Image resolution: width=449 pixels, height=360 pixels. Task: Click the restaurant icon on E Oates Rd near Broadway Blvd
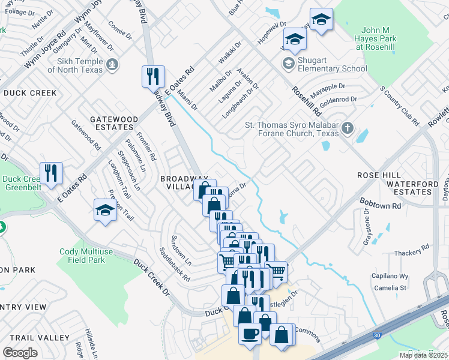[153, 76]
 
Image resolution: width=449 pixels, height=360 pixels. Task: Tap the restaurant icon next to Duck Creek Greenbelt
[51, 173]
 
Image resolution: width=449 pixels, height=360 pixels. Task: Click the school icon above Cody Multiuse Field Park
[105, 210]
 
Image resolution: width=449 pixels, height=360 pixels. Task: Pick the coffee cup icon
[250, 333]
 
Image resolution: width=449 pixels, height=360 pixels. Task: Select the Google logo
[20, 352]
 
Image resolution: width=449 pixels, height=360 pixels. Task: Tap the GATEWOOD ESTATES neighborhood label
[111, 123]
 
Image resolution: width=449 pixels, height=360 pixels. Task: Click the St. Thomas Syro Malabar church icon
[347, 129]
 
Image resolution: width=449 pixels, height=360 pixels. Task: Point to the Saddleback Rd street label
[174, 265]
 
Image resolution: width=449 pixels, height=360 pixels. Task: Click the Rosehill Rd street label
[306, 100]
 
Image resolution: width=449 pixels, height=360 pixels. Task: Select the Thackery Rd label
[412, 250]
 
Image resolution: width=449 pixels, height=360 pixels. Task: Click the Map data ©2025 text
[423, 355]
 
